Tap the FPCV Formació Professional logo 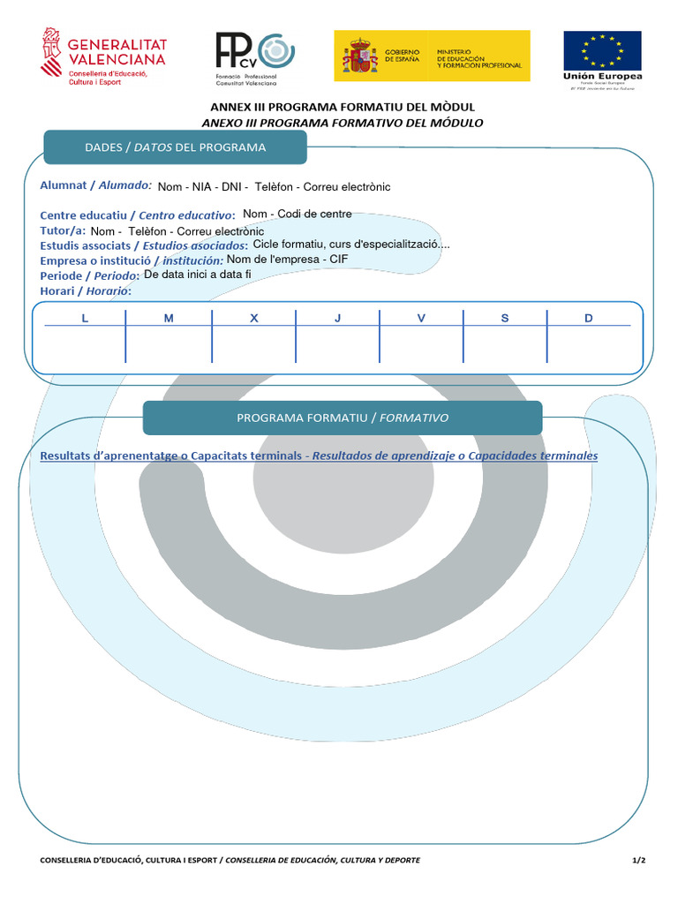click(x=254, y=57)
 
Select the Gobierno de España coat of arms click(x=361, y=56)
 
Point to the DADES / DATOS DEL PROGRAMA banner click(x=175, y=147)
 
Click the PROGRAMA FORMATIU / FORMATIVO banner click(x=343, y=418)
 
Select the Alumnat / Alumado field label click(x=96, y=185)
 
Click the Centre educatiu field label click(x=138, y=215)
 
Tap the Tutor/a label click(x=62, y=230)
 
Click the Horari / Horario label click(x=86, y=290)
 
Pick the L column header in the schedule click(x=85, y=318)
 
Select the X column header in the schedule click(x=253, y=318)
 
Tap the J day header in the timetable click(x=337, y=318)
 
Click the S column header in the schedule click(x=505, y=318)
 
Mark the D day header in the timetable click(x=589, y=318)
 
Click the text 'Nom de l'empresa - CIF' click(x=288, y=260)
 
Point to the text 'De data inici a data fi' click(x=198, y=274)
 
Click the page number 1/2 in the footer click(x=639, y=860)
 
